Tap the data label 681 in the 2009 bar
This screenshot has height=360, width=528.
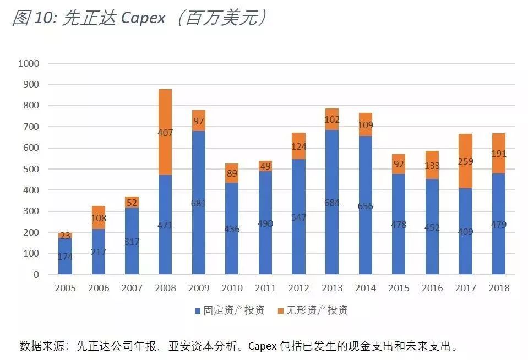point(199,203)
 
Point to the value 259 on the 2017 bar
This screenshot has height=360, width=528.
point(465,162)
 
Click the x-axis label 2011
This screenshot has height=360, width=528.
point(265,288)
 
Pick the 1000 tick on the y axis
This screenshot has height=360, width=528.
point(29,63)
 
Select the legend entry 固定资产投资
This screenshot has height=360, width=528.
point(229,310)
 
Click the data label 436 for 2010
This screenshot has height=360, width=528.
point(232,229)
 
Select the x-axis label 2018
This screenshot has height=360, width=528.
point(498,288)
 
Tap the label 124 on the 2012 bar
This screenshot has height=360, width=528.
point(298,147)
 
